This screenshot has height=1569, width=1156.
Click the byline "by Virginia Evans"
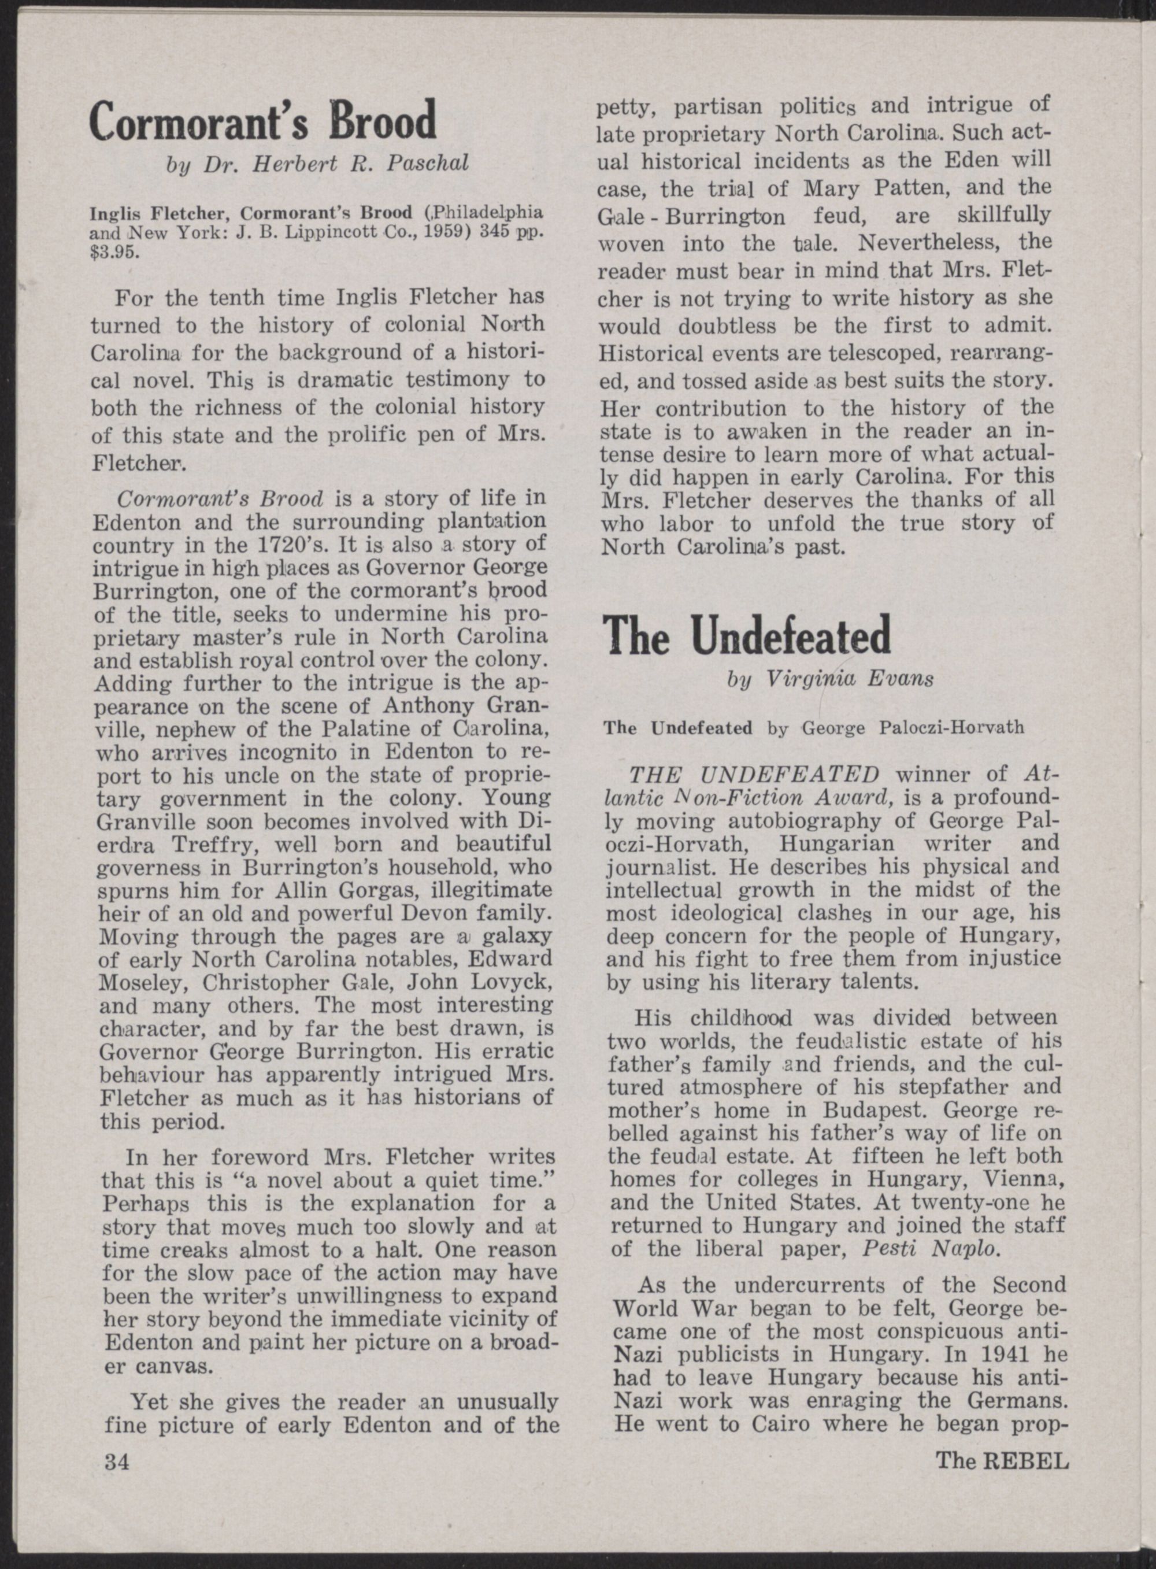click(830, 679)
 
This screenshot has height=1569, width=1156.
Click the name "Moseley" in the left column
click(143, 983)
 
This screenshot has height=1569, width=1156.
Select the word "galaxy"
click(515, 937)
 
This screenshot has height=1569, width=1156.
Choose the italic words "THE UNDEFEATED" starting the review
click(754, 775)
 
